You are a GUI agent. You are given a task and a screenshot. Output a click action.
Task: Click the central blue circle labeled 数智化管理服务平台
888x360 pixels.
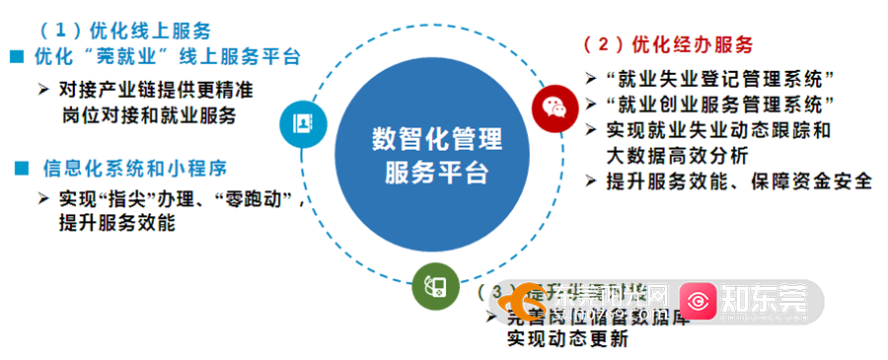click(436, 156)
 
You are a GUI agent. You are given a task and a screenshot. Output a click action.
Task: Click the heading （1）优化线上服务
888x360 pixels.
click(125, 31)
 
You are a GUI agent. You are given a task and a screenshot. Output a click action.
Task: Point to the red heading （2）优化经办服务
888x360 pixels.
click(668, 44)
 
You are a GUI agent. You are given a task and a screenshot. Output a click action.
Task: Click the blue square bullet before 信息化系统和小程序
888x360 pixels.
click(21, 169)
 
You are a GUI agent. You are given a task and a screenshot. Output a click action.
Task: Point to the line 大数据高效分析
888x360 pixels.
click(677, 155)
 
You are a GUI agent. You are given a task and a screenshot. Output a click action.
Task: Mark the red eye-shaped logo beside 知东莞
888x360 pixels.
click(702, 298)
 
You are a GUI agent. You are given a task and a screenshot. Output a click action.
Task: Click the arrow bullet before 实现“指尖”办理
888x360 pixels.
click(43, 198)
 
